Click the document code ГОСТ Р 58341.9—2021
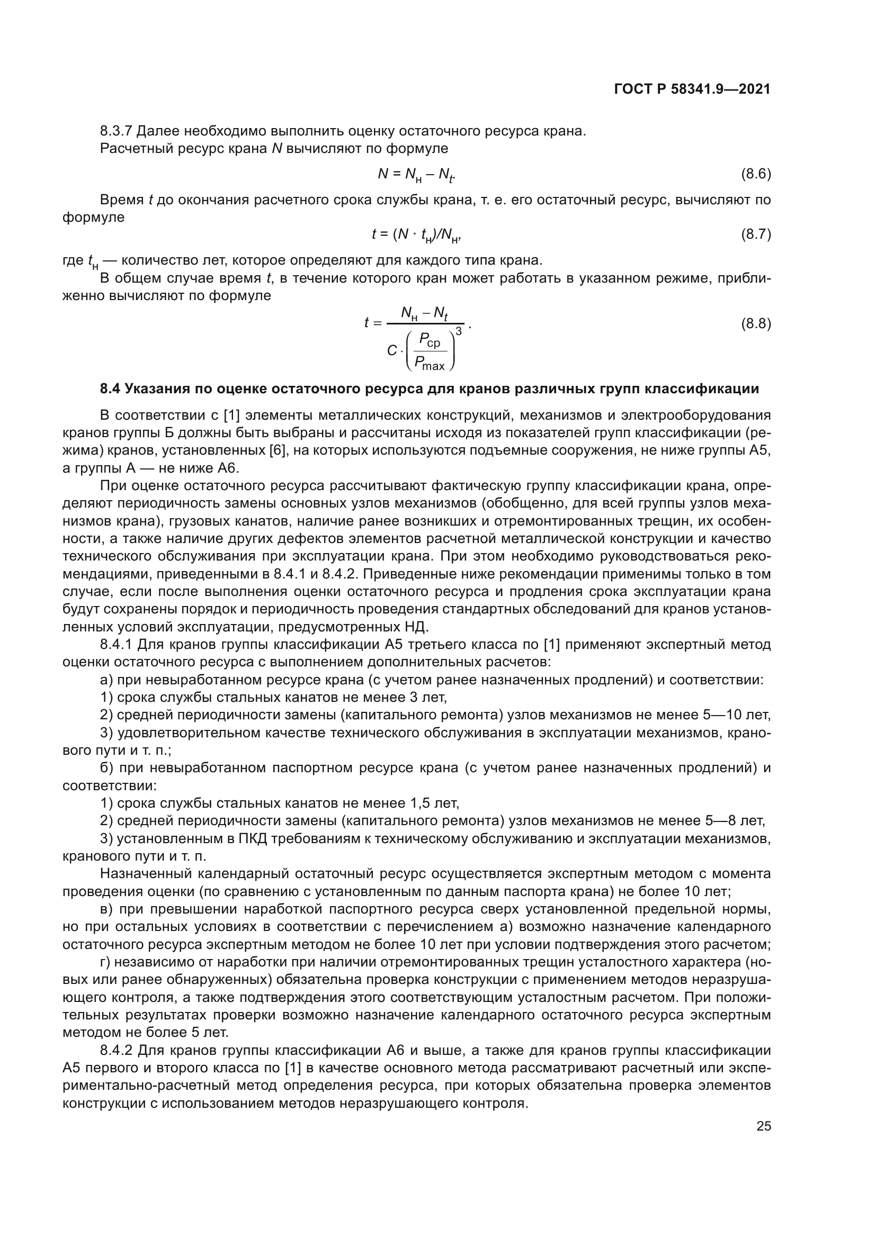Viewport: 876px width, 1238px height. coord(692,89)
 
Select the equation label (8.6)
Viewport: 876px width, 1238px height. coord(756,174)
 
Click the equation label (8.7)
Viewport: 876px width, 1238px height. coord(756,234)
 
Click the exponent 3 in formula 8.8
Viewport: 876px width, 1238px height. coord(459,331)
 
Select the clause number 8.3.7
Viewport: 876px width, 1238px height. coord(116,131)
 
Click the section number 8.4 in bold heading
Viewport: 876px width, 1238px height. coord(111,389)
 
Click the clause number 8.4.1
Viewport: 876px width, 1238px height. coord(116,644)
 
